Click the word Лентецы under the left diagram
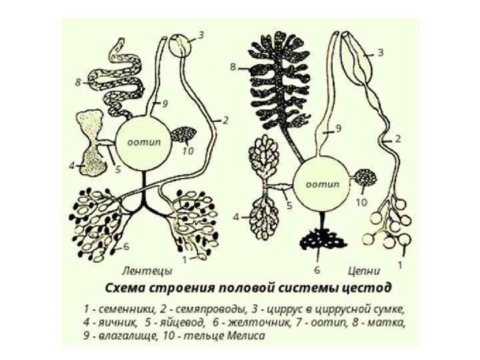(148, 271)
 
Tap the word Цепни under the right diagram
(364, 271)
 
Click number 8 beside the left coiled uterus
(78, 83)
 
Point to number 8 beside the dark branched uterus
(233, 67)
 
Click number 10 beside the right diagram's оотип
(361, 201)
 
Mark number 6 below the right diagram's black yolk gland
(317, 270)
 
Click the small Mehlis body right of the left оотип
(182, 134)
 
